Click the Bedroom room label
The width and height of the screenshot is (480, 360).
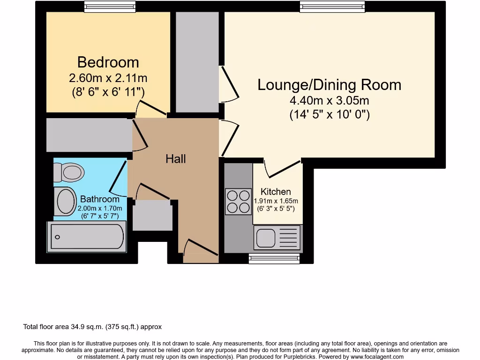click(x=108, y=62)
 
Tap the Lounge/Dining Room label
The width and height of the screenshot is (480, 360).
click(x=330, y=85)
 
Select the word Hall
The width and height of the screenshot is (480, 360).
click(x=176, y=159)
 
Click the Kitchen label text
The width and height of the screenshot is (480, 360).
click(x=276, y=191)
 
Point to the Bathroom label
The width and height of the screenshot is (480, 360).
click(x=99, y=199)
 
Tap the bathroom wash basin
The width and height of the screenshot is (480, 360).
click(x=66, y=201)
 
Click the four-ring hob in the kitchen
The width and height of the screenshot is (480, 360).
click(x=238, y=201)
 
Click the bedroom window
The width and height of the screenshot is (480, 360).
click(x=111, y=6)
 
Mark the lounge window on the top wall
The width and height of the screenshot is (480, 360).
click(x=332, y=6)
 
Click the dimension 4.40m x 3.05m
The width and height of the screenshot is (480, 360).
click(x=330, y=100)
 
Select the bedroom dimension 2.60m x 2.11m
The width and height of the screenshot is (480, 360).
click(x=108, y=78)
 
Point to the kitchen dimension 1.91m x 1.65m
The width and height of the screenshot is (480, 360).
click(x=276, y=201)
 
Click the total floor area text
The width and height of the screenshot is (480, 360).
click(x=92, y=327)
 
